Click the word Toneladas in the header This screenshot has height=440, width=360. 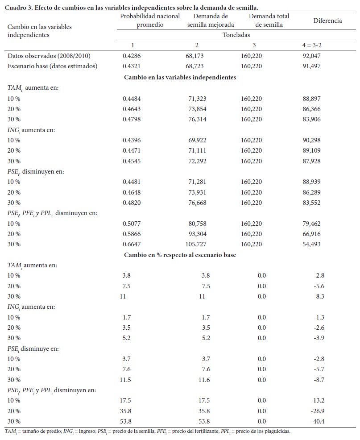click(237, 34)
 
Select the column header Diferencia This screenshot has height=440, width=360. click(327, 21)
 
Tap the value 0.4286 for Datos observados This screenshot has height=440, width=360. click(132, 56)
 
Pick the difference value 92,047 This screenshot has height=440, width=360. click(311, 56)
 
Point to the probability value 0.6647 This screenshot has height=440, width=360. click(132, 244)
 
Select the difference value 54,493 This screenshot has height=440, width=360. click(311, 244)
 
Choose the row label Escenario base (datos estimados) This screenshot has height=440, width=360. click(53, 66)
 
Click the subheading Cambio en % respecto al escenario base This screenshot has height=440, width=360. click(180, 255)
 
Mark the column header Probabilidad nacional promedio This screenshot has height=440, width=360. click(150, 21)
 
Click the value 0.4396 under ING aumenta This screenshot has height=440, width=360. click(132, 140)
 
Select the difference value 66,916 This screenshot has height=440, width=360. click(311, 234)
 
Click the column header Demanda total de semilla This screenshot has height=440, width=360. click(269, 21)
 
